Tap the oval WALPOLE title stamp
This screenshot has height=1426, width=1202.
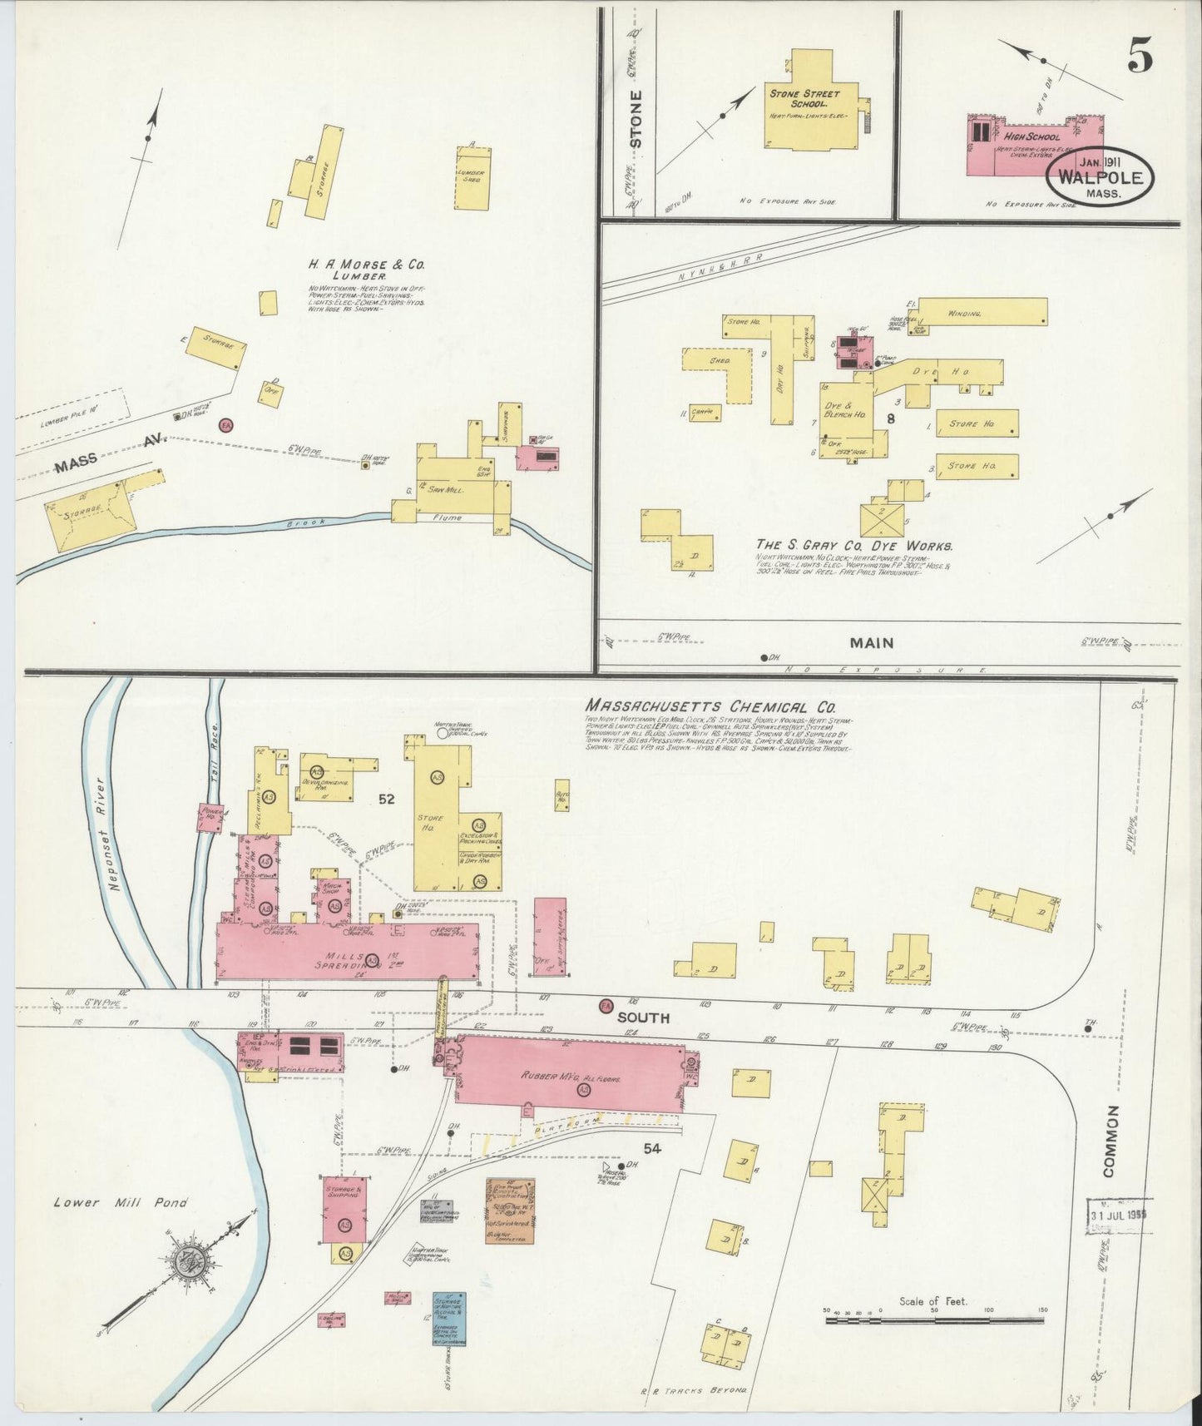1101,177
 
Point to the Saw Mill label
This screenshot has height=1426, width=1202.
445,490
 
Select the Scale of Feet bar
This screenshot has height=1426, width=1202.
934,1320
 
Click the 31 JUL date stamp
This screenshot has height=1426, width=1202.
1120,1213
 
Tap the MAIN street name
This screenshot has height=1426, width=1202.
871,642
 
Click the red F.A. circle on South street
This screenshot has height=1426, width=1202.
606,1006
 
